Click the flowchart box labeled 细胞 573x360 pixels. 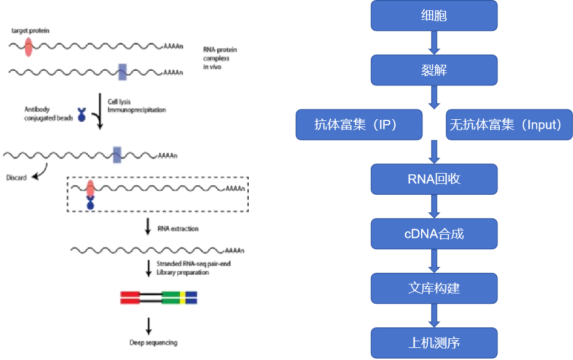click(x=434, y=16)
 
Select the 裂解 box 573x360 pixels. click(x=434, y=70)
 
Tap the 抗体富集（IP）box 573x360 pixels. click(x=359, y=125)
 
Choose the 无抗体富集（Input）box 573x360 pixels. click(x=508, y=125)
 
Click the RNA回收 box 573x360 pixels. click(x=434, y=179)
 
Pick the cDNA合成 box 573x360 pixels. click(x=434, y=234)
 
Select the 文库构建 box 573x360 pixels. click(x=434, y=288)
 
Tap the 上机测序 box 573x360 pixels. click(x=434, y=342)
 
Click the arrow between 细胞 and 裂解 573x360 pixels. click(x=434, y=42)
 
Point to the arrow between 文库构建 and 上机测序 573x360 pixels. click(x=434, y=315)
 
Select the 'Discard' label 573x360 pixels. click(x=16, y=178)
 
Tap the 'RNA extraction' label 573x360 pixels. click(x=178, y=229)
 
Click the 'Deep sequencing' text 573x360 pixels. click(x=153, y=342)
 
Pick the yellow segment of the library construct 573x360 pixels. click(x=182, y=297)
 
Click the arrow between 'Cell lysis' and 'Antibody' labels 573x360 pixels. click(x=100, y=111)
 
